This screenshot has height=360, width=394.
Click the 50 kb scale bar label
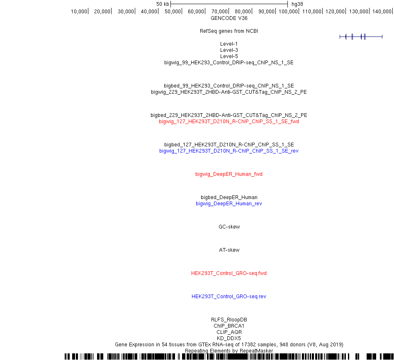(163, 4)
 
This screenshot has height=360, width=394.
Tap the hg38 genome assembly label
(297, 4)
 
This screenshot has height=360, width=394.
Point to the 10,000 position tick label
(79, 11)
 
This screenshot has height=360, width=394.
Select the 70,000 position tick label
(220, 11)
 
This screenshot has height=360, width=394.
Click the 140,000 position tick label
(382, 11)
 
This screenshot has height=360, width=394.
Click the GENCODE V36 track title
(229, 18)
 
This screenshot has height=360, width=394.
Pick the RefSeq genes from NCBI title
(229, 31)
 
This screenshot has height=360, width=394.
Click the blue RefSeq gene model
(361, 36)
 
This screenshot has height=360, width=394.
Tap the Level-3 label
(229, 50)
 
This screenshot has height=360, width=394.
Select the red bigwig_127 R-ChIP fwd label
(229, 122)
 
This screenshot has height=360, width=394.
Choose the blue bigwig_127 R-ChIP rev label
(229, 151)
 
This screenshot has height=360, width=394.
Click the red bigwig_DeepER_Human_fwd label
(229, 174)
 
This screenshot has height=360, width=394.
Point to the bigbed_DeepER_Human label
(229, 197)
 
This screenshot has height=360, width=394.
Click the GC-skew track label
(229, 226)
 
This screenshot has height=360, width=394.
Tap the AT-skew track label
(229, 250)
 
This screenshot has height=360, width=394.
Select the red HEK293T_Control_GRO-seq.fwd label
(229, 273)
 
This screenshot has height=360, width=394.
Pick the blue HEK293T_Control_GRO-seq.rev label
(229, 297)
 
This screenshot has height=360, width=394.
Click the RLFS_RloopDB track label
(229, 319)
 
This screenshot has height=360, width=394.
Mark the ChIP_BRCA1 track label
(229, 326)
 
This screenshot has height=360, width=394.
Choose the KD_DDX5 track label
(229, 338)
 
